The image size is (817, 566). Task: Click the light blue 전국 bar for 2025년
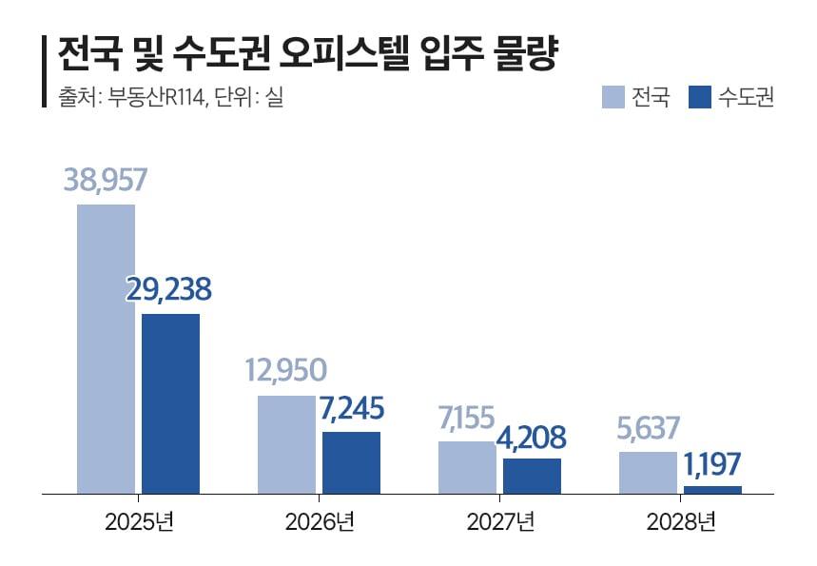point(106,349)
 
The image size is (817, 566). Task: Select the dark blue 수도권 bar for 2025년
point(170,403)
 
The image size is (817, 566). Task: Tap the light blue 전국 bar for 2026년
point(286,444)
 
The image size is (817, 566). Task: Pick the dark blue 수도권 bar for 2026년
point(351,462)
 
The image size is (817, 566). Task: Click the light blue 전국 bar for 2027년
point(467,467)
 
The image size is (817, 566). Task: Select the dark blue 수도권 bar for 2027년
point(532,476)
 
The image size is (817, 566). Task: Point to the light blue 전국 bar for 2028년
point(648,473)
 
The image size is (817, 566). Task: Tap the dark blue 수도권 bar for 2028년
point(712,490)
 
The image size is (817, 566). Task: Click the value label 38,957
point(106,180)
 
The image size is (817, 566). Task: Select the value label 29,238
point(168,290)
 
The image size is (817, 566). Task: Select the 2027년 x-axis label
point(500,521)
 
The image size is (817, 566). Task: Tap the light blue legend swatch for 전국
point(613,97)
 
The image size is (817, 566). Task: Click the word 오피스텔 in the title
point(340,54)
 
